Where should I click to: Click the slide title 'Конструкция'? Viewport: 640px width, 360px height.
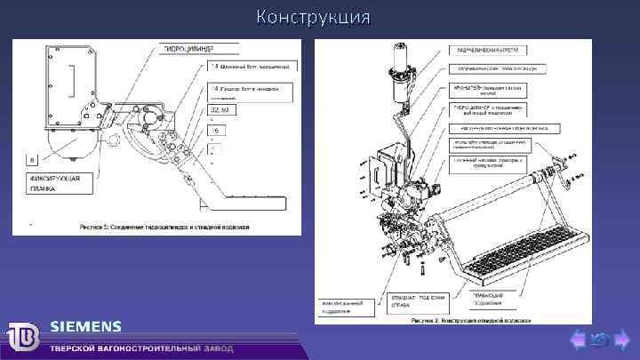(313, 17)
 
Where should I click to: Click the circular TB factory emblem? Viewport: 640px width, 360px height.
(24, 339)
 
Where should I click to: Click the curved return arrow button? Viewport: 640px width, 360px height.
(598, 339)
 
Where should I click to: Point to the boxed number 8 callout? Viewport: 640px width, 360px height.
(33, 160)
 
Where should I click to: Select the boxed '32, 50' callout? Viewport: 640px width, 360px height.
(219, 109)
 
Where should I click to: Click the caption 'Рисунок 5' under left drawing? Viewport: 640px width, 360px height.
(164, 227)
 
